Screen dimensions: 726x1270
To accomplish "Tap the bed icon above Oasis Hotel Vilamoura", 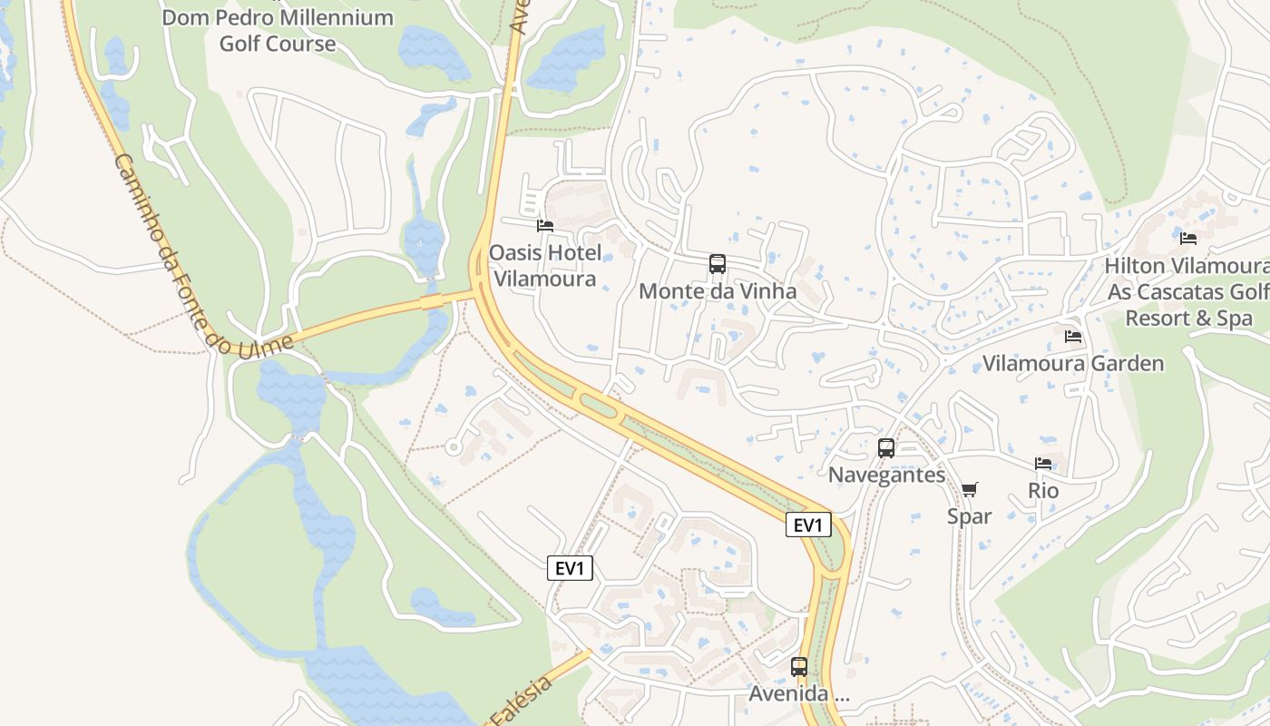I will pyautogui.click(x=545, y=225).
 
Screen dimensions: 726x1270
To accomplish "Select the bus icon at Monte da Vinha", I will pyautogui.click(x=718, y=264).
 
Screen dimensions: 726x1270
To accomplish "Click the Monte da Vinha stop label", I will pyautogui.click(x=718, y=291).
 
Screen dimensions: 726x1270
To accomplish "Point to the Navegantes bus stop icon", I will pyautogui.click(x=886, y=447).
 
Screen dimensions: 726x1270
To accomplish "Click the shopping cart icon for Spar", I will pyautogui.click(x=970, y=490).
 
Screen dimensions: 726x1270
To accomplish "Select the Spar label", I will pyautogui.click(x=969, y=516).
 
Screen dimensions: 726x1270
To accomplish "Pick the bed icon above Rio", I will pyautogui.click(x=1043, y=464).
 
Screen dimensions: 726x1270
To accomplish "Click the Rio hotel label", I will pyautogui.click(x=1043, y=491).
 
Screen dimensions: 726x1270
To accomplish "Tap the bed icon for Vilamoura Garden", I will pyautogui.click(x=1073, y=337).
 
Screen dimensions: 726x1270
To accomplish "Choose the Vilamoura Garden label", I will pyautogui.click(x=1073, y=364).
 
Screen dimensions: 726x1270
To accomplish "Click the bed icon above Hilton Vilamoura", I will pyautogui.click(x=1188, y=239).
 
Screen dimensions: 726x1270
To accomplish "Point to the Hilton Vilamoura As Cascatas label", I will pyautogui.click(x=1187, y=292).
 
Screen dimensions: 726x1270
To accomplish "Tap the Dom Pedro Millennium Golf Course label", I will pyautogui.click(x=278, y=30).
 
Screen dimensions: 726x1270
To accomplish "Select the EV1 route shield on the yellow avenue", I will pyautogui.click(x=808, y=525).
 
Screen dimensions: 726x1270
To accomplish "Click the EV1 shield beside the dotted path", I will pyautogui.click(x=571, y=568).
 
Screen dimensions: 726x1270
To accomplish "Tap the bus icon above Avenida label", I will pyautogui.click(x=799, y=667).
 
